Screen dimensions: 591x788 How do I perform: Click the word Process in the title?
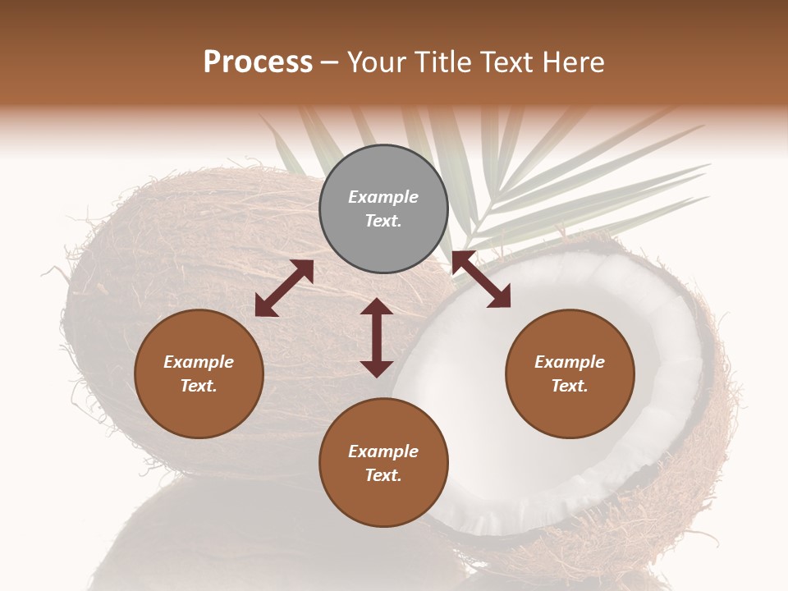[258, 62]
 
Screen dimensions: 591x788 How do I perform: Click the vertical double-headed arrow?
[377, 337]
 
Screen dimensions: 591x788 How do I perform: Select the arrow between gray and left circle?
[284, 288]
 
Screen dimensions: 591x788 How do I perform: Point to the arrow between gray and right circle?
[481, 279]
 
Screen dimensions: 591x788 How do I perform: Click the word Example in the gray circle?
[383, 197]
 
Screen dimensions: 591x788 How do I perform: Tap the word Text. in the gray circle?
[383, 221]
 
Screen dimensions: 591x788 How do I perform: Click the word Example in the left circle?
[199, 362]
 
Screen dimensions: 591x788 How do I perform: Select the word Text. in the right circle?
[570, 386]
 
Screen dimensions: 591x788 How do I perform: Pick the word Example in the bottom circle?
[383, 451]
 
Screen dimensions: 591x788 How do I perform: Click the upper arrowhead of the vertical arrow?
[377, 307]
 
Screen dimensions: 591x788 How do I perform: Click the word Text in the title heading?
[508, 62]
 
